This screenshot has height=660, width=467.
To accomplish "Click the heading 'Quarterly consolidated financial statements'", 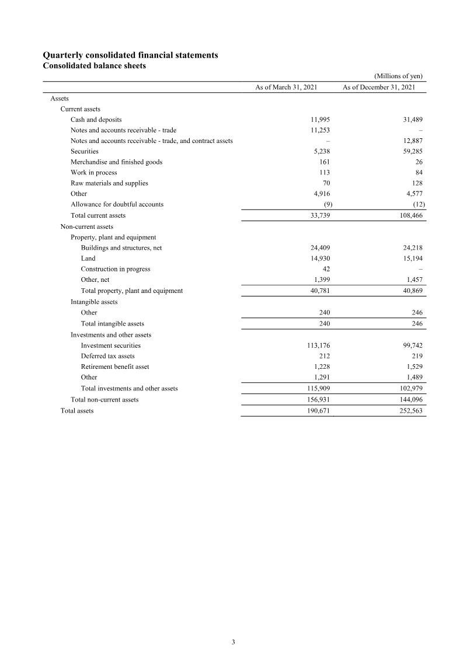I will [131, 55].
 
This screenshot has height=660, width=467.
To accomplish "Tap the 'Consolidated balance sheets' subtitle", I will [95, 65].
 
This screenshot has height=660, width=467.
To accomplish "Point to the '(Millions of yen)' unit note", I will [398, 76].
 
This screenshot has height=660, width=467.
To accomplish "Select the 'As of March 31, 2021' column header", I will [286, 87].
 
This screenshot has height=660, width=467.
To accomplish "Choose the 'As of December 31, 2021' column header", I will [379, 87].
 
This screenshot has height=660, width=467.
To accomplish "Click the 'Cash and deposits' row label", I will [96, 119].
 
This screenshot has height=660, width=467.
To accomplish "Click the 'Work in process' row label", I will [93, 172].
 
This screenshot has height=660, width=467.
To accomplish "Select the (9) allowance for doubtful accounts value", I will [328, 204].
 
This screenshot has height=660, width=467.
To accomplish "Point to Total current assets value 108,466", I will [409, 215].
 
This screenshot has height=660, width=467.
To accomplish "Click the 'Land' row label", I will [88, 258].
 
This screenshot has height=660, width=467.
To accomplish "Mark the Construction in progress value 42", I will [326, 269].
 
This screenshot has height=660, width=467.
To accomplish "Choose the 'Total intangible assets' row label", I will [112, 323].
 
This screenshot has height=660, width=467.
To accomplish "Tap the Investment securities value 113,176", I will [318, 345].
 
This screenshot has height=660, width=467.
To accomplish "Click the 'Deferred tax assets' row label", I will [107, 356].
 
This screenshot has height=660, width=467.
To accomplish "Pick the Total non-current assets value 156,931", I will [318, 400].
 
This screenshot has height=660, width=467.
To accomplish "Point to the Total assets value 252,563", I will [409, 411].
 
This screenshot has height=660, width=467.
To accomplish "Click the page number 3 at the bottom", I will [233, 642].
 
